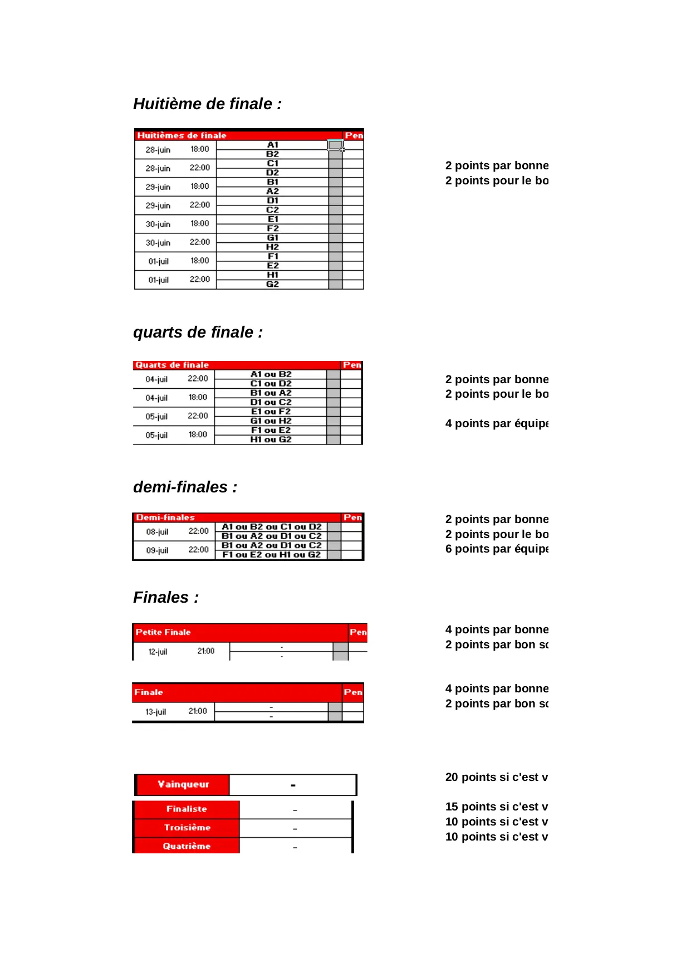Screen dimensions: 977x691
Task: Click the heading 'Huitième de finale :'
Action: click(207, 104)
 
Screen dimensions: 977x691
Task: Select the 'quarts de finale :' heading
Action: click(198, 333)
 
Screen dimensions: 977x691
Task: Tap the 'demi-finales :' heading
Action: click(185, 487)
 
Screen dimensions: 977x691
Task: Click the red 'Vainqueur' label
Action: click(183, 784)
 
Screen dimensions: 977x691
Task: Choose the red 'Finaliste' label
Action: click(187, 809)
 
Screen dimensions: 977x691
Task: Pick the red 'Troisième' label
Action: click(187, 828)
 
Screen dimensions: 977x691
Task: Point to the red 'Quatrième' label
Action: click(187, 846)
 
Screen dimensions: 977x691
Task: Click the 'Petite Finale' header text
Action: click(163, 632)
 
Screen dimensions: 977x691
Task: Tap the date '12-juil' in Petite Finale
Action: click(158, 652)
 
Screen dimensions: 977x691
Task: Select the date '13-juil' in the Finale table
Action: click(156, 712)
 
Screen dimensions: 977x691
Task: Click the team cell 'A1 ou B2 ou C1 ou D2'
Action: click(272, 527)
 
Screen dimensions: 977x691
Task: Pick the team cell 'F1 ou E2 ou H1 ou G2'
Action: click(272, 555)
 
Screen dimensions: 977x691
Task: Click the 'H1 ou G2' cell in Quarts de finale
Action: click(271, 439)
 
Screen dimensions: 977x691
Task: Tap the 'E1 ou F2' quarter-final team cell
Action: click(271, 412)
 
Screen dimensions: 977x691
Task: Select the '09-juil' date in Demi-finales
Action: click(157, 550)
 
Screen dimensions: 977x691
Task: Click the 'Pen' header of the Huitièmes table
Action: click(354, 135)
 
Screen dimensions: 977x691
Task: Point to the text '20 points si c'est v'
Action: click(496, 778)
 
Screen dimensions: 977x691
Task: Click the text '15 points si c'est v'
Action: click(496, 807)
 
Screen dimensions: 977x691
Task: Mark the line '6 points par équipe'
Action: click(497, 549)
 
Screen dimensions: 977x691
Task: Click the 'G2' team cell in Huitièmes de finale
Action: click(272, 284)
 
